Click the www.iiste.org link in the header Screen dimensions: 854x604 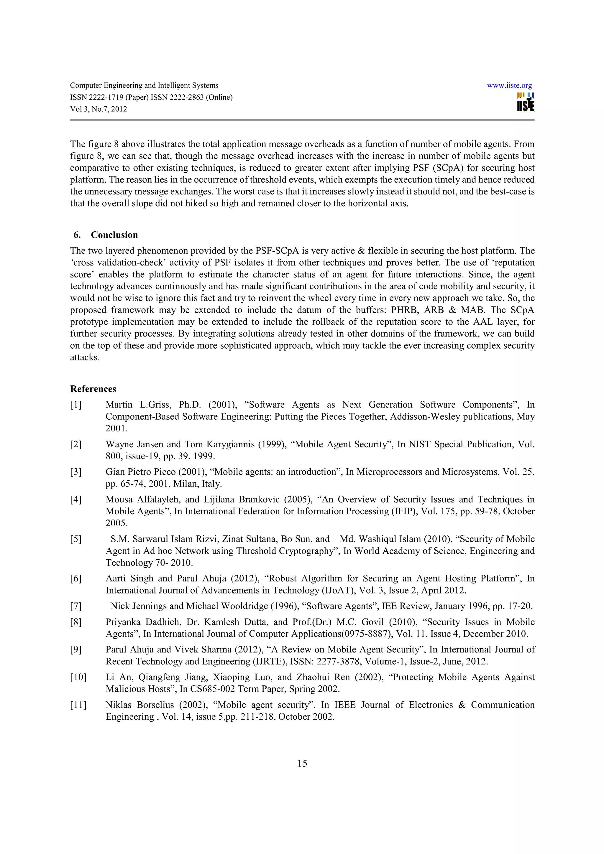509,85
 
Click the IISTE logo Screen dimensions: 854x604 526,102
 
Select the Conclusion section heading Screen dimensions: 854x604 114,235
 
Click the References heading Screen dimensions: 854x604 93,389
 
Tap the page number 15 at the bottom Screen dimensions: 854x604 302,764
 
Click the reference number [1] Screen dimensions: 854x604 75,405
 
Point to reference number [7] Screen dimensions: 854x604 75,606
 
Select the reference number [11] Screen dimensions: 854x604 78,705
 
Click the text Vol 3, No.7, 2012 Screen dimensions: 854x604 99,109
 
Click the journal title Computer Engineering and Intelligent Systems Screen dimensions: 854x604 144,85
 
